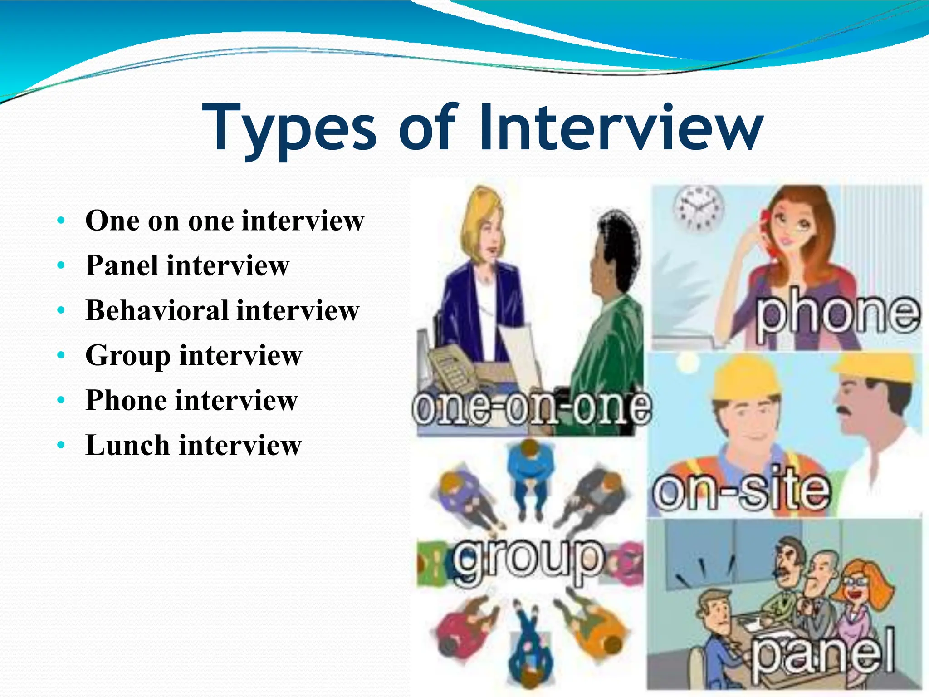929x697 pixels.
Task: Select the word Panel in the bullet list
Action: click(122, 265)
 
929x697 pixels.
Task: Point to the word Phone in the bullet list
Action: click(127, 400)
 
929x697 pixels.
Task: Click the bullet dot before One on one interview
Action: click(61, 221)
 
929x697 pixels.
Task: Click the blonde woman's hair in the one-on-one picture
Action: click(481, 213)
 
